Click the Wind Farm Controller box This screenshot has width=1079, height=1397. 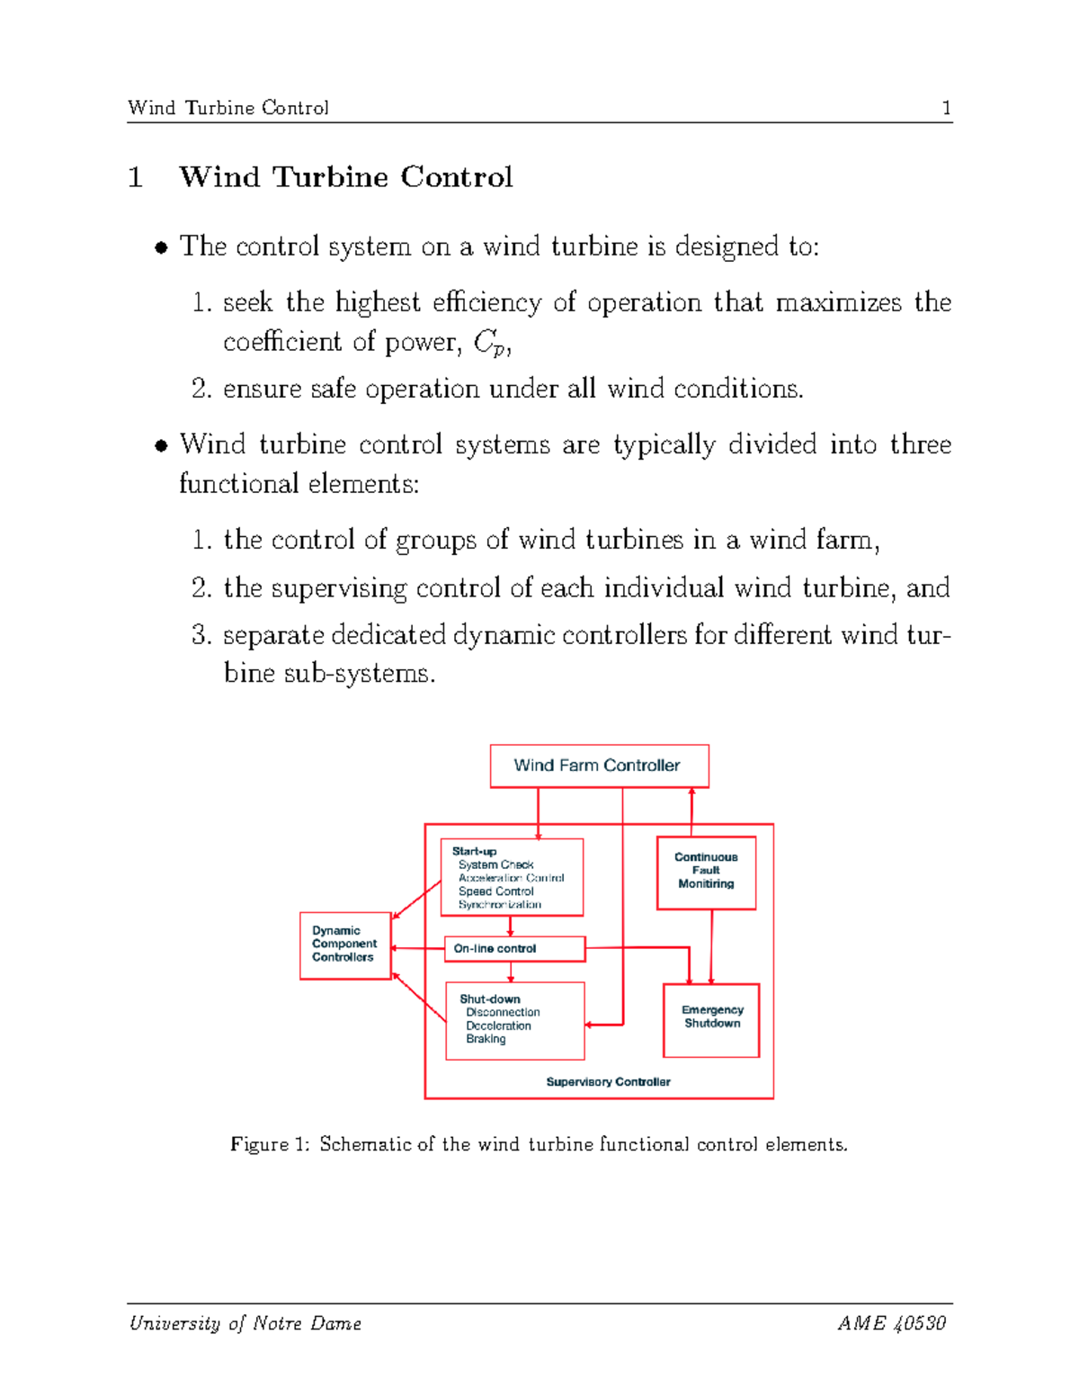tap(599, 766)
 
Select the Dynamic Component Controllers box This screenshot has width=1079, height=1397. tap(344, 945)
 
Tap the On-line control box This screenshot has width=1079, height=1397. tap(514, 949)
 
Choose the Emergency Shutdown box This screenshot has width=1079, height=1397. tap(711, 1019)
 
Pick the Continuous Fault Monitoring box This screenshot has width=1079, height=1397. tap(706, 872)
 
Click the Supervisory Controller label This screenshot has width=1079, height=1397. tap(608, 1082)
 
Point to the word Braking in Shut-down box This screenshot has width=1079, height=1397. tap(486, 1039)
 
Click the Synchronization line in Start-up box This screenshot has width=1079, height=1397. tap(500, 905)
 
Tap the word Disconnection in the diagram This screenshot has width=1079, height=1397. tap(503, 1013)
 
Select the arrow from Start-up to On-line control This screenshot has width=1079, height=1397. tap(511, 927)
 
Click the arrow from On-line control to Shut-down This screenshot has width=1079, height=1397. tap(511, 972)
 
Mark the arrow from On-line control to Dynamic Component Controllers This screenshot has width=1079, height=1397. tap(418, 948)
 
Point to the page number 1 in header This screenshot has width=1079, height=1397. tap(946, 108)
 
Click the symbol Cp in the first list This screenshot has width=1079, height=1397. tap(487, 343)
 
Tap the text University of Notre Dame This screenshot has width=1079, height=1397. tap(245, 1323)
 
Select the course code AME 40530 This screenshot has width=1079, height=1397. tap(891, 1323)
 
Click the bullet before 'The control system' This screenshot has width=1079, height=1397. tap(161, 247)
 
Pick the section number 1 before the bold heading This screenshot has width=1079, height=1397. tap(136, 177)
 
